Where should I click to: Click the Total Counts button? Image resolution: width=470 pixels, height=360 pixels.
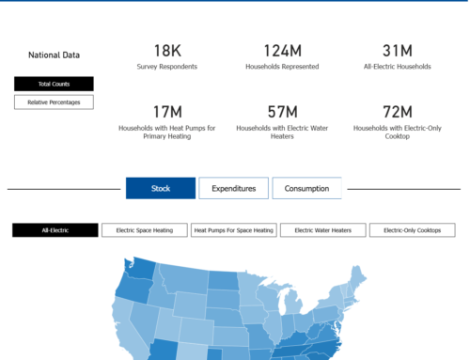point(54,84)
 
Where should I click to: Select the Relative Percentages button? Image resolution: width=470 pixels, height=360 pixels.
point(54,102)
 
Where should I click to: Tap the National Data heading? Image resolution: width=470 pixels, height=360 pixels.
point(54,55)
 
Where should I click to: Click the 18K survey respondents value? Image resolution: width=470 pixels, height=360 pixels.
point(167,50)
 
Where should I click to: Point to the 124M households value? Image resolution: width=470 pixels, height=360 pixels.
point(282,50)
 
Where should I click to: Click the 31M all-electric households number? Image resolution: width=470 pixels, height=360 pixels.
point(396,50)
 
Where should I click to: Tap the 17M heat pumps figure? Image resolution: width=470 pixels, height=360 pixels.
point(167,112)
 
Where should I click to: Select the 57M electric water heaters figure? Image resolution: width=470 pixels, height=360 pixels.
point(282,112)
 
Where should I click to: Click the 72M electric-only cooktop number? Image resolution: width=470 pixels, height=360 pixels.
point(396,112)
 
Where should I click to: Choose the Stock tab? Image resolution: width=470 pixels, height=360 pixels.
point(161,188)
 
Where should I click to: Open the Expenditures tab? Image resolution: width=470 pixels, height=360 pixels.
point(233,188)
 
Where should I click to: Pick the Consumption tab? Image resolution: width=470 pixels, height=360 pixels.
point(306,188)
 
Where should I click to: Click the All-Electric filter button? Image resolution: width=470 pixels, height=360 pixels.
point(55,230)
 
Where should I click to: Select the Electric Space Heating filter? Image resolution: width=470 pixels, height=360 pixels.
point(144,230)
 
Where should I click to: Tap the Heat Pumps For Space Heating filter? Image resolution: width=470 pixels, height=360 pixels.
point(233,230)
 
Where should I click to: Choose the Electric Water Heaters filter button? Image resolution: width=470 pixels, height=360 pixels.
point(322,230)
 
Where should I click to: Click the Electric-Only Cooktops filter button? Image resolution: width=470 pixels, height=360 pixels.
point(412,230)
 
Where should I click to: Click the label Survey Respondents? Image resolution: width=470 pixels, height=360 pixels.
point(167,67)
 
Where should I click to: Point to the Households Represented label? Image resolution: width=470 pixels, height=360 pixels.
point(282,67)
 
